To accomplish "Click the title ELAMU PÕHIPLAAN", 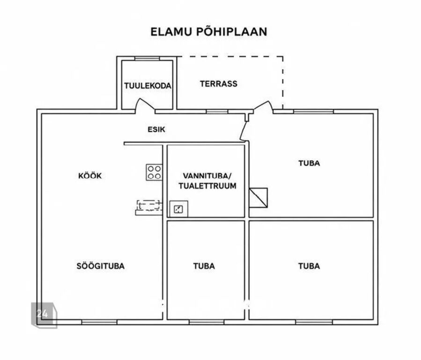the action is click(208, 31).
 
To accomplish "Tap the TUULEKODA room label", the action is click(148, 86).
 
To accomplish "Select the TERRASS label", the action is click(219, 84).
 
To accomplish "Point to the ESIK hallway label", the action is click(156, 129).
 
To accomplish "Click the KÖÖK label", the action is click(90, 176).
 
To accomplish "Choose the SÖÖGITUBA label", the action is click(100, 266).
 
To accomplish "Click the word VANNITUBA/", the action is click(207, 176).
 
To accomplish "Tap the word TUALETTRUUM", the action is click(207, 186).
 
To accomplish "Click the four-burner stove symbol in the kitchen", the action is click(154, 172).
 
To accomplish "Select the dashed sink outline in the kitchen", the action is click(149, 205).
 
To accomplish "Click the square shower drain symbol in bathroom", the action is click(179, 209).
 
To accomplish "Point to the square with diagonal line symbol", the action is click(259, 198).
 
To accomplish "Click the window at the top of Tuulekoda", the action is click(147, 59).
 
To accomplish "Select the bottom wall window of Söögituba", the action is click(99, 322).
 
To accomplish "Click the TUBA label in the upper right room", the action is click(309, 163).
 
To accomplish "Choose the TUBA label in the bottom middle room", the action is click(204, 266).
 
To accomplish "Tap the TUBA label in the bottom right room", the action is click(309, 266).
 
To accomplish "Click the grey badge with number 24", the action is click(44, 315).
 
